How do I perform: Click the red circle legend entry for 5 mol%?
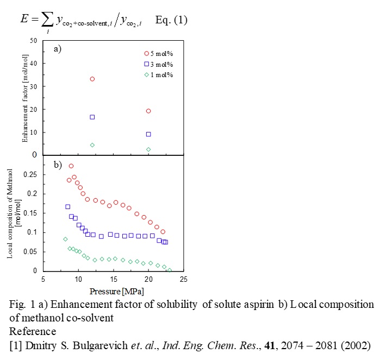point(146,53)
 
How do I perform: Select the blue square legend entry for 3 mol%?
point(146,64)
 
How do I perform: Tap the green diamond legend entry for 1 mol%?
point(146,74)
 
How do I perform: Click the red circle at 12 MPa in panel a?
point(92,79)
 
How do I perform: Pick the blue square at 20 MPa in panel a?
point(148,134)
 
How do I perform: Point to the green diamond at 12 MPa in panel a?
point(92,145)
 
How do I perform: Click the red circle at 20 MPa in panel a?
point(148,111)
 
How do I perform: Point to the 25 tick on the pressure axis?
point(184,280)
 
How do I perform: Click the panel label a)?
point(58,49)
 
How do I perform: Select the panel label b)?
point(58,163)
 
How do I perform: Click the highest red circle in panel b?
point(71,166)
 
